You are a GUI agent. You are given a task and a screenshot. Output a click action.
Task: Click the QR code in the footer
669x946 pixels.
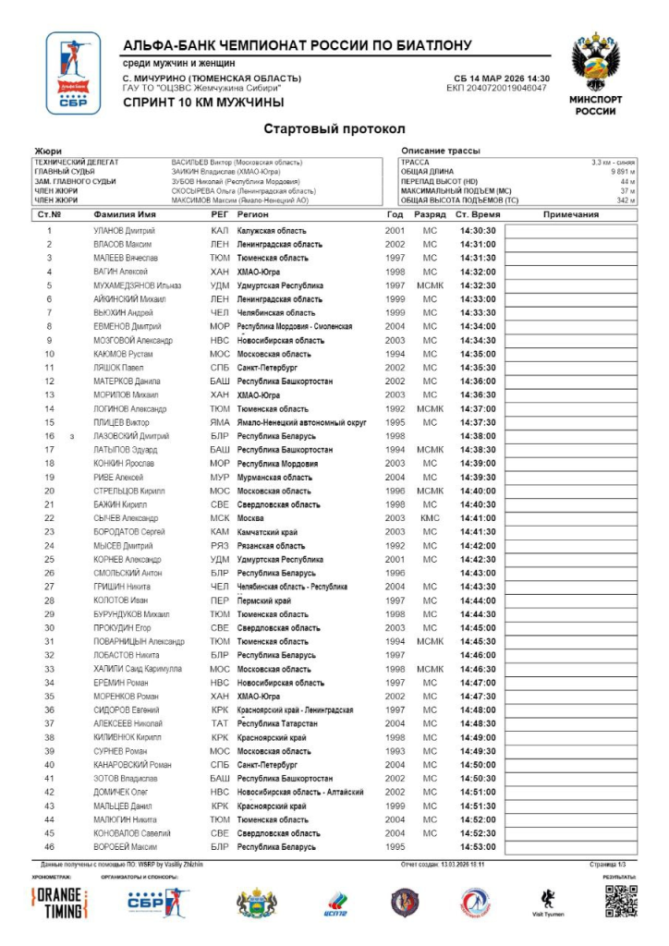pos(621,901)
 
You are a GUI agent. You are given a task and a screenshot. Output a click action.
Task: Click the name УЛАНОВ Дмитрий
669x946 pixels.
pos(124,230)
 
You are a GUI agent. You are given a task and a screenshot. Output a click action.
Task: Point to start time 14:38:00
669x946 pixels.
pos(479,436)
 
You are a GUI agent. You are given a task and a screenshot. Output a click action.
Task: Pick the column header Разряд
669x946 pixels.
pos(430,214)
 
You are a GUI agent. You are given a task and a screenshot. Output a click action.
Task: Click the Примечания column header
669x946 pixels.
pos(571,214)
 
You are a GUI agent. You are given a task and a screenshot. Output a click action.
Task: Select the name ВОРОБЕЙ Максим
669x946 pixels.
pos(125,846)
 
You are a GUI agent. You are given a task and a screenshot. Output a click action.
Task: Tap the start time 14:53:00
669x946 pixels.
pos(479,846)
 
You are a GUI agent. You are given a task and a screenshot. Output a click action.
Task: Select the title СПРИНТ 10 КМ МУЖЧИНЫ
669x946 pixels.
pos(203,103)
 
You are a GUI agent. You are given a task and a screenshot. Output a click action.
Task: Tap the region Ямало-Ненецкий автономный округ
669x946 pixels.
pos(301,422)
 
